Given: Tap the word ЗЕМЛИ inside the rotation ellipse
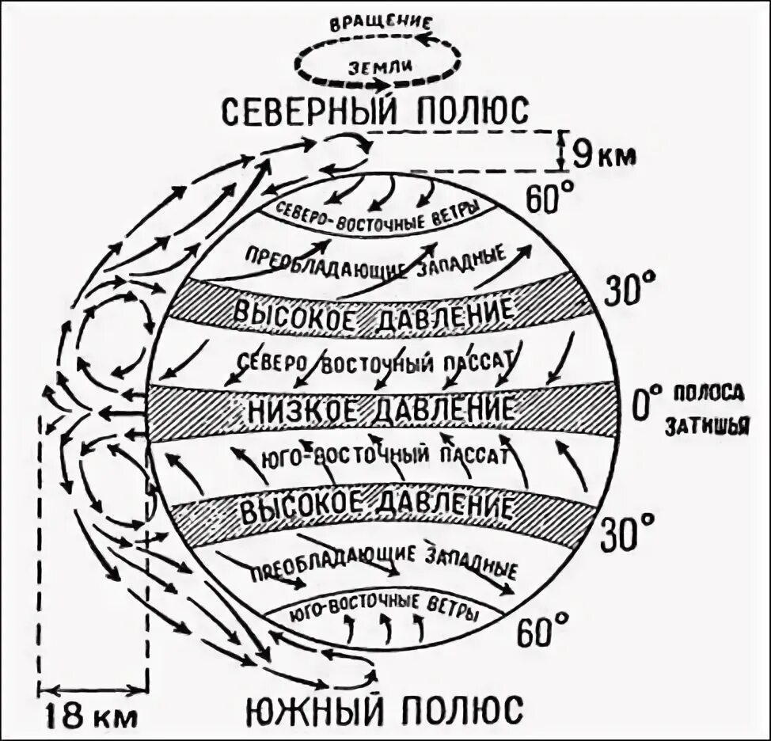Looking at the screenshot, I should [x=378, y=67].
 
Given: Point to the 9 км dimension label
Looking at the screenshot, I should [x=603, y=152].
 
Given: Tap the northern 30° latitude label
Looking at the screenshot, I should [x=631, y=289].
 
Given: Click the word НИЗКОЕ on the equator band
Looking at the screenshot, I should [x=301, y=409].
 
